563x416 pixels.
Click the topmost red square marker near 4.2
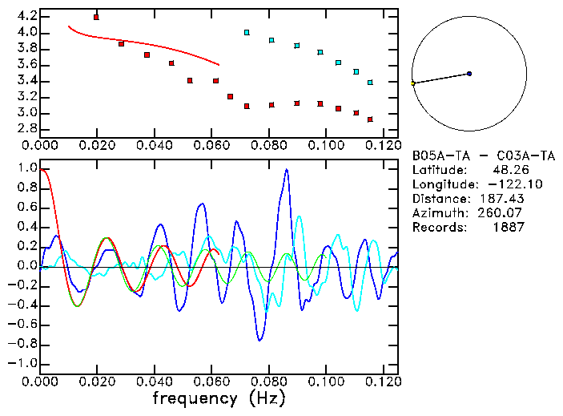pyautogui.click(x=96, y=17)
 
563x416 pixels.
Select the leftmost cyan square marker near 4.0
pyautogui.click(x=247, y=32)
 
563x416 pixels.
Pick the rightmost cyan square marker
pyautogui.click(x=370, y=83)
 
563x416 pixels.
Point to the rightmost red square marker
pyautogui.click(x=370, y=119)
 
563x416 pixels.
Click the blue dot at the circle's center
pyautogui.click(x=469, y=74)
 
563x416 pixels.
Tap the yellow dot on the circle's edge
pyautogui.click(x=413, y=83)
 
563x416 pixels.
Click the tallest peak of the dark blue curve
pyautogui.click(x=287, y=170)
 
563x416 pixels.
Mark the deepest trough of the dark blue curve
pyautogui.click(x=259, y=341)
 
